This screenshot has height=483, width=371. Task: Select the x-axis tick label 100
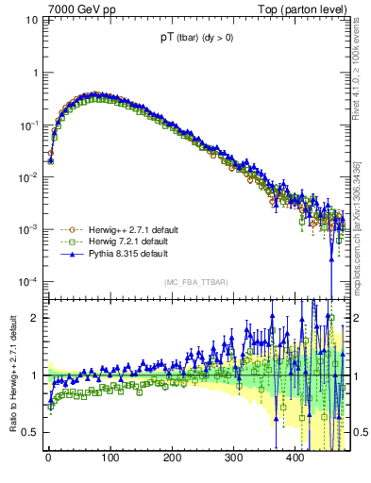(110, 458)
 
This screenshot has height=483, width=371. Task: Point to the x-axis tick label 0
(48, 458)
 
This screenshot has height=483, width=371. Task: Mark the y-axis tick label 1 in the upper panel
(37, 73)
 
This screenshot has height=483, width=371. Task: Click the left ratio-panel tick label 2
(37, 318)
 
